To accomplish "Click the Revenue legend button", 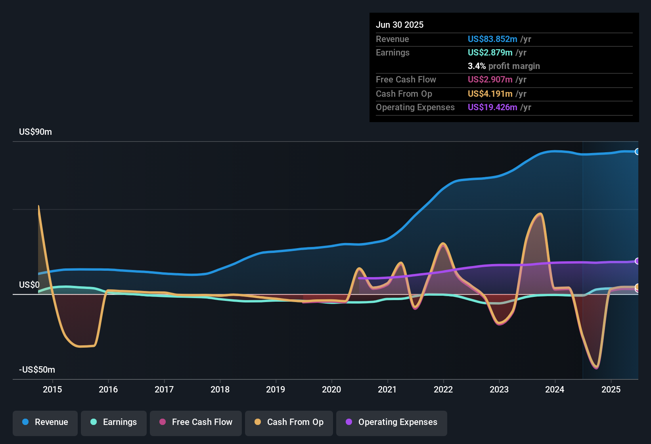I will (x=45, y=422).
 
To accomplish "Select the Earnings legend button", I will (x=114, y=422).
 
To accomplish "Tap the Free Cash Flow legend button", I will (x=196, y=422).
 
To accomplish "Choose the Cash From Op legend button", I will (x=289, y=422).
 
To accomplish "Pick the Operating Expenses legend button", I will (x=392, y=422).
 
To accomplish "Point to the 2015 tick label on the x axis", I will (x=52, y=389).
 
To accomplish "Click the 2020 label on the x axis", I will (x=331, y=389).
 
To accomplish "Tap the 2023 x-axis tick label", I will (x=499, y=389).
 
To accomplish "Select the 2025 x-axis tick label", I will (x=611, y=389).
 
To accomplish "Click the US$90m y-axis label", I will (x=35, y=132).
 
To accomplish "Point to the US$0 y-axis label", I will (x=29, y=285).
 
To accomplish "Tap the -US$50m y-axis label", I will (x=37, y=370).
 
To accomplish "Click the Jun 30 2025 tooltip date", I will (x=400, y=25).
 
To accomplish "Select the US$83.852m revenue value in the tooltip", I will (x=492, y=39).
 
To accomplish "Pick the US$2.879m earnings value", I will (x=490, y=52).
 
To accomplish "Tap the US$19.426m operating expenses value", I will (x=492, y=107).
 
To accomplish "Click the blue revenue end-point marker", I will (x=637, y=151).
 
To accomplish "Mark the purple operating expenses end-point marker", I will (x=637, y=261).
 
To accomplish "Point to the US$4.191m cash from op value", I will (x=490, y=94).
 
